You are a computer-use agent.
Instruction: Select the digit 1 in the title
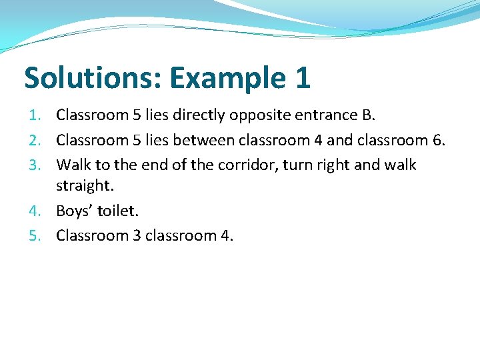pos(301,78)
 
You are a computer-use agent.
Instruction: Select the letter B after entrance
pos(367,115)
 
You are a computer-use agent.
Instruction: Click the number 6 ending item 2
pos(438,141)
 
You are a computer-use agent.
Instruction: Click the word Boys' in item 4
pos(74,212)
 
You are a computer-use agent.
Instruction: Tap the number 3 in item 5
pos(135,235)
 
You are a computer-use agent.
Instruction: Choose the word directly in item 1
pos(199,116)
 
